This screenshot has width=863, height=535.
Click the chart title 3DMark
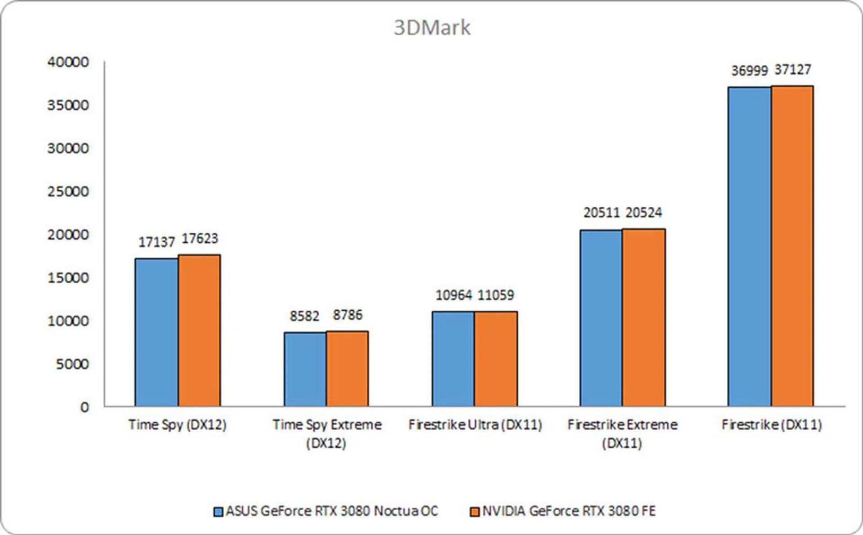[432, 28]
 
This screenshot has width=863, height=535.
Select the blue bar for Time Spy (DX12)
[156, 333]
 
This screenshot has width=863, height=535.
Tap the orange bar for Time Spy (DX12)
[199, 330]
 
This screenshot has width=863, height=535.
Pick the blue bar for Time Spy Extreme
[305, 369]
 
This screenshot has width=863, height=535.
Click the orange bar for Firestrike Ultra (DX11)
[496, 359]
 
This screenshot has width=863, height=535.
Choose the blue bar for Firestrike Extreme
[601, 318]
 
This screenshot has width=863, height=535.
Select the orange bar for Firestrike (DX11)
[792, 246]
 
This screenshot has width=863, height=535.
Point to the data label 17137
[156, 242]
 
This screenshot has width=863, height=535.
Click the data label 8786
[347, 315]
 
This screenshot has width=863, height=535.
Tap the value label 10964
[454, 295]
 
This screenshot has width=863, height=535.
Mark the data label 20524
[644, 213]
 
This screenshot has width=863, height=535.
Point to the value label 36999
[749, 71]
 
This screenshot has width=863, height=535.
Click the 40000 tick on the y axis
[68, 62]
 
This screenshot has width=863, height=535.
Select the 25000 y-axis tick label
[68, 192]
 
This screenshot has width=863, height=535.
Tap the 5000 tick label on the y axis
[72, 364]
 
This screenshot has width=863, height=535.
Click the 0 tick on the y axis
[85, 407]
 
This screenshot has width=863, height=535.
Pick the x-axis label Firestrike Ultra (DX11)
[475, 425]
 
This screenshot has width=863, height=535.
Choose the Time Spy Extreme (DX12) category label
[327, 434]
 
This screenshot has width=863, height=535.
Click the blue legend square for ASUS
[218, 512]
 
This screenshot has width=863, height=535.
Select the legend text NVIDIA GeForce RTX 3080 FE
[569, 511]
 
